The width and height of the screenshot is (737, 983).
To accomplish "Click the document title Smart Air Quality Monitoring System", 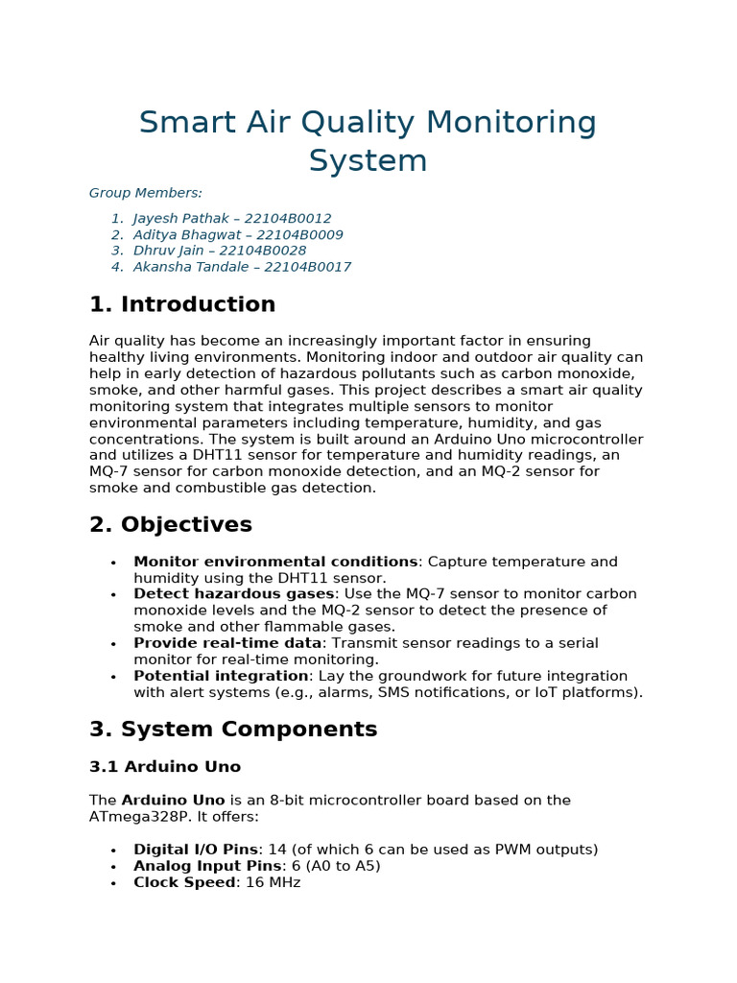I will tap(368, 141).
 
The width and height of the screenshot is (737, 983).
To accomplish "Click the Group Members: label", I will tap(146, 193).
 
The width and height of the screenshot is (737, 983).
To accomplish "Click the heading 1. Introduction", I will tap(182, 305).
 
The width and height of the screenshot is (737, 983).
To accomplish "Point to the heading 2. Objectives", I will tap(171, 525).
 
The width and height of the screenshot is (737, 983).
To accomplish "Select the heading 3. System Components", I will tap(233, 730).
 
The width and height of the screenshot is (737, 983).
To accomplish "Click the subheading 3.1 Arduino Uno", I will tap(165, 767).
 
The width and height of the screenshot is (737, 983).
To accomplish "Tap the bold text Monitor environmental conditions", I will tap(275, 562).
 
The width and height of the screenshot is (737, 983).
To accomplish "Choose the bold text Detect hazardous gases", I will tap(233, 594).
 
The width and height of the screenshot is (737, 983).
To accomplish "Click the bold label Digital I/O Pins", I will tap(196, 850).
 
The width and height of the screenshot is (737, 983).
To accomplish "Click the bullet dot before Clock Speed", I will tap(113, 883).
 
